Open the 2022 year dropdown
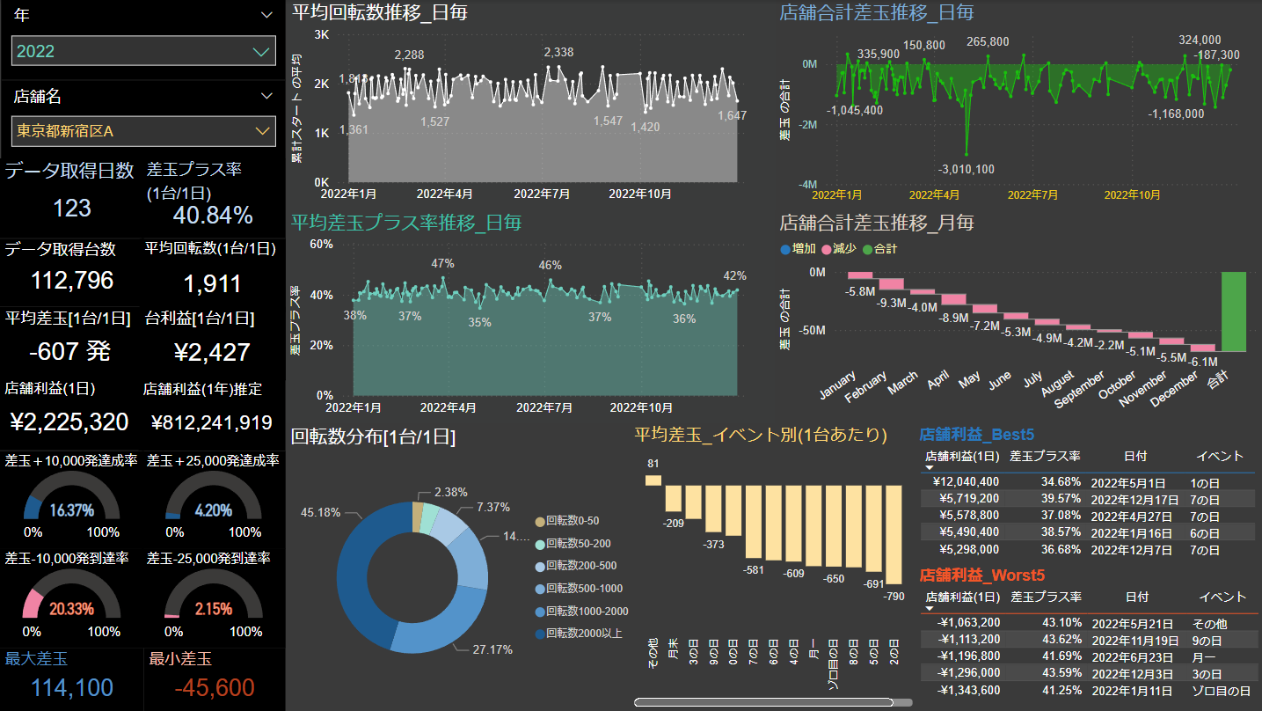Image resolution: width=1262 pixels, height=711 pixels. [143, 51]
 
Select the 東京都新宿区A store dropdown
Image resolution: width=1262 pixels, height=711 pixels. [143, 131]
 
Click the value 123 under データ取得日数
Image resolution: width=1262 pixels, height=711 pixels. [72, 208]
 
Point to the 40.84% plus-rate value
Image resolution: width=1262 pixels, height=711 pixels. [213, 215]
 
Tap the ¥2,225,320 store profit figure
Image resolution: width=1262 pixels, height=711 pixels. [69, 422]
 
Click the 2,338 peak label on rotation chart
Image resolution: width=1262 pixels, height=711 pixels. [558, 53]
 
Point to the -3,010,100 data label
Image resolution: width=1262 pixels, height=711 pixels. [967, 169]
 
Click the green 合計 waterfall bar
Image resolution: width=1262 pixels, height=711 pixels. [1233, 312]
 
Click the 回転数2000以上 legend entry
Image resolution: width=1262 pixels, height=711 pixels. [581, 634]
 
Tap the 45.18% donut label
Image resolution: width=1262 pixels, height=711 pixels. [320, 512]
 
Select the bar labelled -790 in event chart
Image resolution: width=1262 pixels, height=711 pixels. [894, 534]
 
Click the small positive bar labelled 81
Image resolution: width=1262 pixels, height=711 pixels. [653, 480]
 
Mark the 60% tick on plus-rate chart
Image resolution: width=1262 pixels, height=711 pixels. [320, 244]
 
